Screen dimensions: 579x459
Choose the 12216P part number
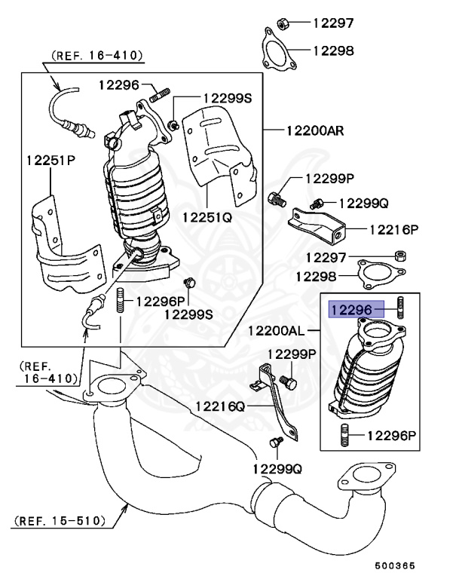pyautogui.click(x=393, y=228)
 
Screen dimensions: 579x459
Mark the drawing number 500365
pyautogui.click(x=395, y=565)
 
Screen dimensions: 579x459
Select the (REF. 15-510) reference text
pyautogui.click(x=58, y=519)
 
